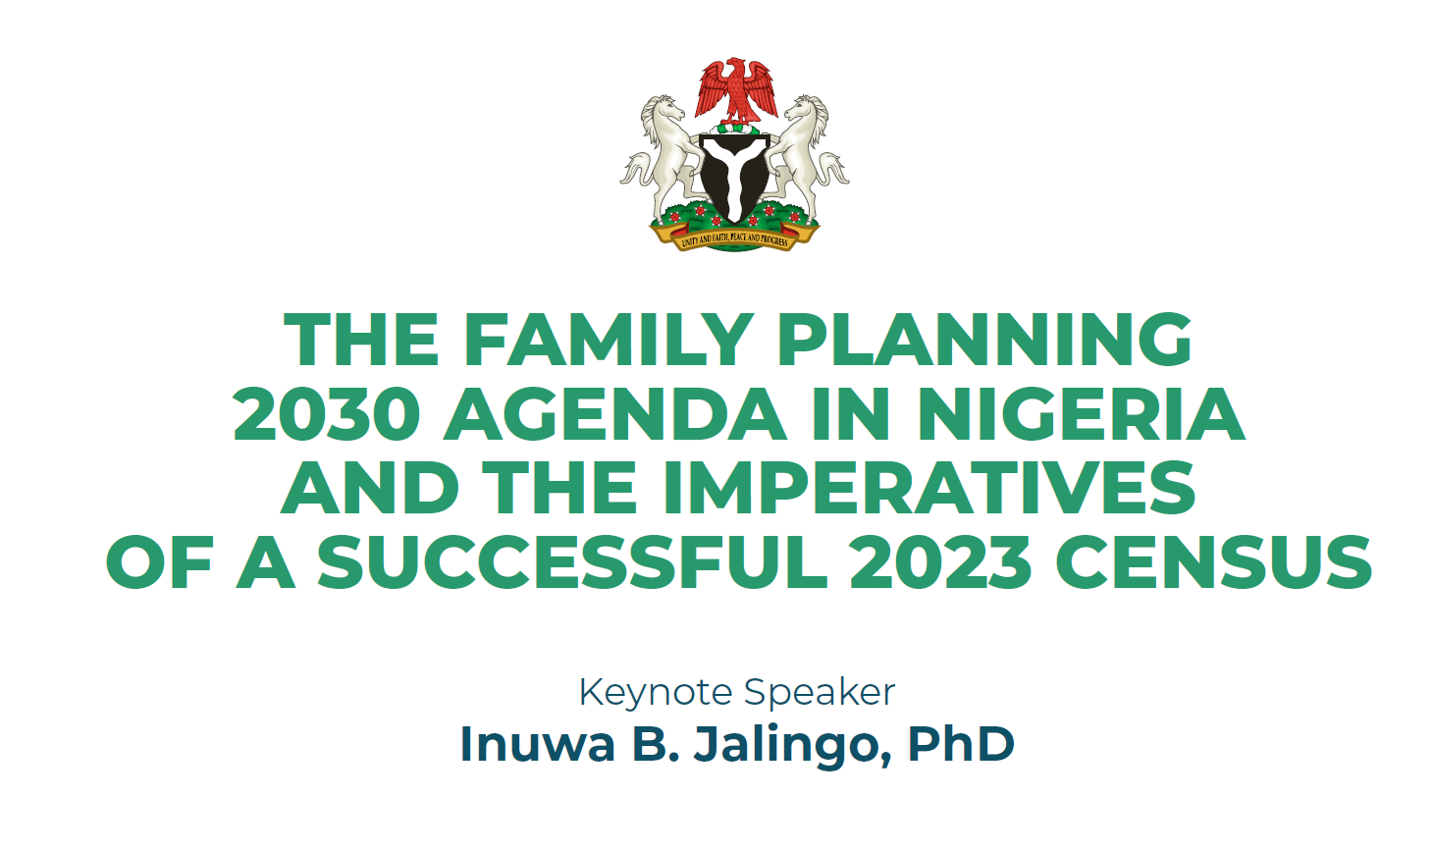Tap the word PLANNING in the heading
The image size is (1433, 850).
coord(984,339)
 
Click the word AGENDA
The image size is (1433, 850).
coord(614,413)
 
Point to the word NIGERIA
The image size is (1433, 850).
coord(1083,413)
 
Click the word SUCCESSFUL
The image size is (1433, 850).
coord(572,562)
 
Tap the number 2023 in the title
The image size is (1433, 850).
coord(940,562)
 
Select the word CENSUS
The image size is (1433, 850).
coord(1213,562)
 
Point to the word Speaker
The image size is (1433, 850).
coord(820,693)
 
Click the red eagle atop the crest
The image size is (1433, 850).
coord(736,91)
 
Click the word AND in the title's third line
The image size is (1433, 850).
coord(370,488)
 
